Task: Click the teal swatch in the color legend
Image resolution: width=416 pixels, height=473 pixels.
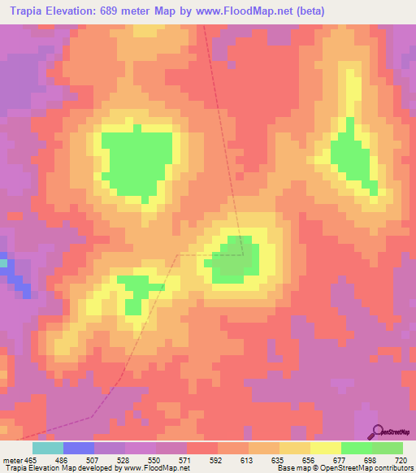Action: pyautogui.click(x=47, y=448)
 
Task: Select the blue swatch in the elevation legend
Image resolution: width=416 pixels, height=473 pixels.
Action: pyautogui.click(x=78, y=448)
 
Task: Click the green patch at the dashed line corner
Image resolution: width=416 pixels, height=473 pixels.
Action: pyautogui.click(x=235, y=259)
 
